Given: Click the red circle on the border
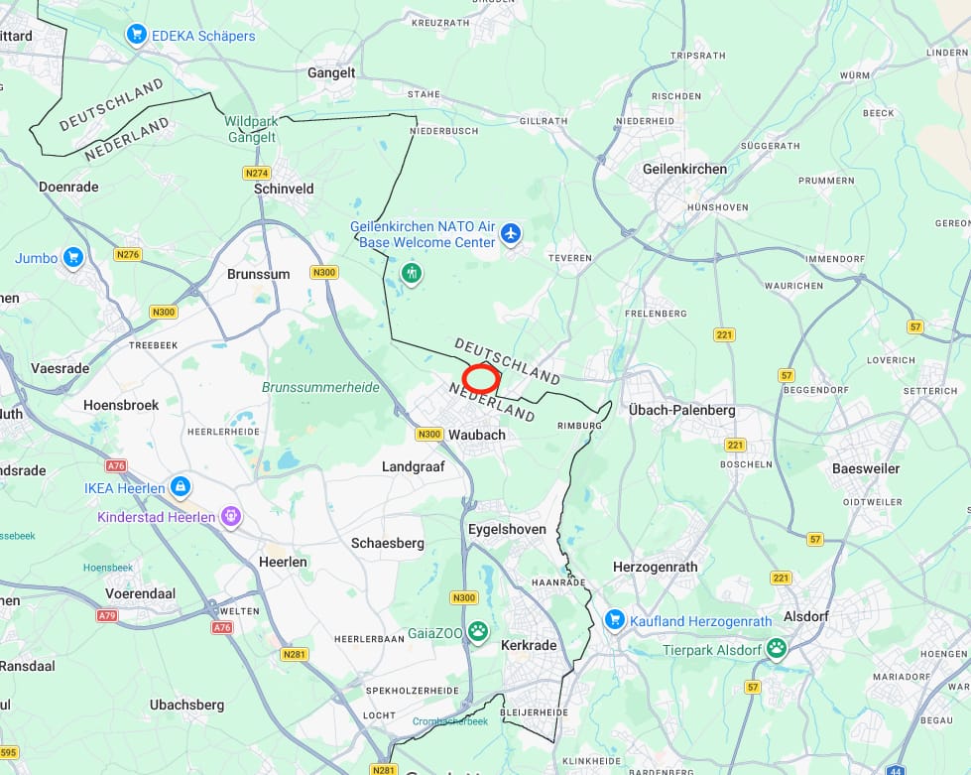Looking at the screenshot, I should pyautogui.click(x=481, y=378).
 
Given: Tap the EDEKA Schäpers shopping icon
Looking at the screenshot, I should pyautogui.click(x=137, y=36).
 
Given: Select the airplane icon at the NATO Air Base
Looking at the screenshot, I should pyautogui.click(x=511, y=234).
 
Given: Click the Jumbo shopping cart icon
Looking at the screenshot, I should pyautogui.click(x=72, y=258).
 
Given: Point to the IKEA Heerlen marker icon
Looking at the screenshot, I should pyautogui.click(x=180, y=487).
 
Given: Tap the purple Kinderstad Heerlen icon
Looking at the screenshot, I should pyautogui.click(x=232, y=517).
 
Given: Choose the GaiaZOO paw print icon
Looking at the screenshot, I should pyautogui.click(x=478, y=631).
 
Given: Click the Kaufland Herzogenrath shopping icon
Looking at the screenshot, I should pyautogui.click(x=615, y=620).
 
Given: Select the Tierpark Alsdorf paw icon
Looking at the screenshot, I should pyautogui.click(x=776, y=649).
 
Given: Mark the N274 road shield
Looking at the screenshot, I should pyautogui.click(x=257, y=173).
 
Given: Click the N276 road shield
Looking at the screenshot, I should pyautogui.click(x=128, y=255).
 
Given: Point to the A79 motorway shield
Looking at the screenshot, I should pyautogui.click(x=107, y=616).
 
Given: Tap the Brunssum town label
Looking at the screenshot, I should pyautogui.click(x=258, y=274).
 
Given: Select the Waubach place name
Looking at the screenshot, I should pyautogui.click(x=476, y=435).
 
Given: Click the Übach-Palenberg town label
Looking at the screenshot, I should pyautogui.click(x=681, y=410).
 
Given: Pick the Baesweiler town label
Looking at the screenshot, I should pyautogui.click(x=866, y=467).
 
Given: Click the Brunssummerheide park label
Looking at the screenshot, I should pyautogui.click(x=320, y=387).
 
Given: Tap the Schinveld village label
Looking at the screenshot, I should pyautogui.click(x=284, y=189).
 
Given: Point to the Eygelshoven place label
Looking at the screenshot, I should pyautogui.click(x=507, y=529).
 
